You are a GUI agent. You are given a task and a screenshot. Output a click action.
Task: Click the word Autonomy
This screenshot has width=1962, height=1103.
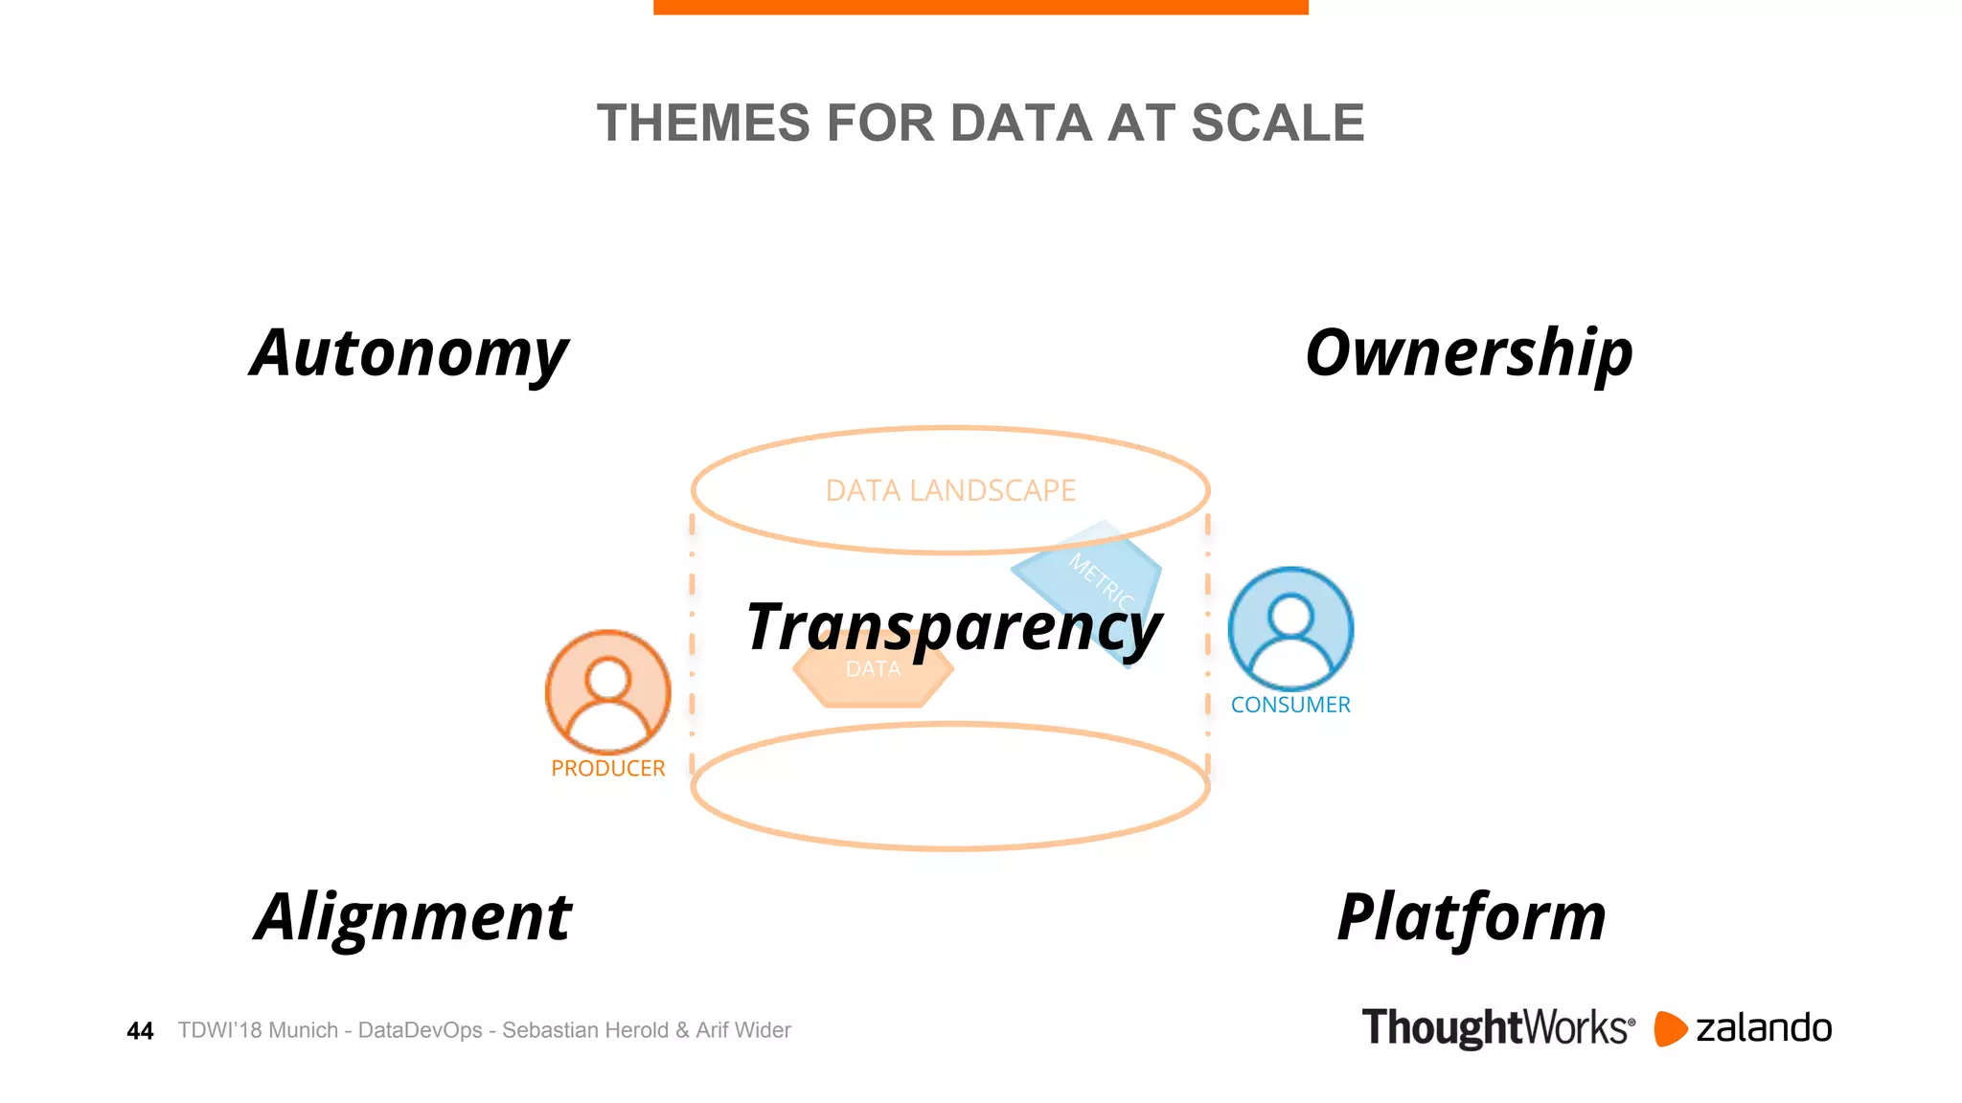tap(409, 354)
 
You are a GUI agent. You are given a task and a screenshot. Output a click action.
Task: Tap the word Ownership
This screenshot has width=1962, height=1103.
tap(1469, 354)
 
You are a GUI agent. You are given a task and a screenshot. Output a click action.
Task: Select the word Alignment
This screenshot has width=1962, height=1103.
tap(413, 917)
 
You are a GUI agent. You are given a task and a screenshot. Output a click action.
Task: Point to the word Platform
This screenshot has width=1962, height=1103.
tap(1471, 917)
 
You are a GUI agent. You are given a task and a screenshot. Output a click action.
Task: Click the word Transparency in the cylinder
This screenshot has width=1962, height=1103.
tap(954, 627)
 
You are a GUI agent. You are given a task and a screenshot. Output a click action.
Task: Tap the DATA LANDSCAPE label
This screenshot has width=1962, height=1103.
tap(950, 490)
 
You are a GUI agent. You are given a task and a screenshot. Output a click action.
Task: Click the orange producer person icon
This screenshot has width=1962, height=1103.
tap(607, 691)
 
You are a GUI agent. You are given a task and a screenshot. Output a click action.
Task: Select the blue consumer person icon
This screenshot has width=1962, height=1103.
tap(1290, 628)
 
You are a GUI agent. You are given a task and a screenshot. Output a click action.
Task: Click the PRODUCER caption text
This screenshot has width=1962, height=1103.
tap(607, 769)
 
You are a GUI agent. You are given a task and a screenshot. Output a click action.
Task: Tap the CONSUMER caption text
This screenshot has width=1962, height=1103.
tap(1290, 705)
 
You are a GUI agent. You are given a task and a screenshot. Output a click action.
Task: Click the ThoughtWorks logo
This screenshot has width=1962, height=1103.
tap(1497, 1028)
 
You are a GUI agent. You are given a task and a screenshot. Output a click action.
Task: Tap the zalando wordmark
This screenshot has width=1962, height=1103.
tap(1764, 1028)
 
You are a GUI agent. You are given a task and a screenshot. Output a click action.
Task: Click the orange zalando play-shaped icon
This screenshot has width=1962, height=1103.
tap(1670, 1028)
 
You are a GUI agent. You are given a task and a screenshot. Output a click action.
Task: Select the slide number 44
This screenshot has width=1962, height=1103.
tap(140, 1031)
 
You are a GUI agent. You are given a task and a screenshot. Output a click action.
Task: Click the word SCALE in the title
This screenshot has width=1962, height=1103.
tap(1277, 124)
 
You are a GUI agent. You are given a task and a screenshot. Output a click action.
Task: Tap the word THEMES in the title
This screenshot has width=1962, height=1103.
tap(703, 124)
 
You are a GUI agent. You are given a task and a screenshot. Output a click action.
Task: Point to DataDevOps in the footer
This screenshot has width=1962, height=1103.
tap(420, 1030)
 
